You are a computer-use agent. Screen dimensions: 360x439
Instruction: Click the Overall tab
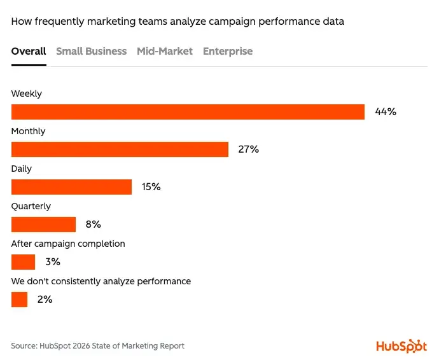point(29,52)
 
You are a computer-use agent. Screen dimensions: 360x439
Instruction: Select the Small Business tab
point(91,52)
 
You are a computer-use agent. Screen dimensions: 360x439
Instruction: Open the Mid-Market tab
point(164,52)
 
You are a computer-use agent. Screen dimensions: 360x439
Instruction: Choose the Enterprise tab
point(227,52)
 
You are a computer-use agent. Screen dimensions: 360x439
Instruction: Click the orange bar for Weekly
point(188,112)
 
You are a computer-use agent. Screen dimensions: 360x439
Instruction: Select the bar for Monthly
point(120,149)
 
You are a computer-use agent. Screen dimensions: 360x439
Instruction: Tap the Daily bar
point(71,187)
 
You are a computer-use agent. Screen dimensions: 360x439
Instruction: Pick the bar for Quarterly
point(43,225)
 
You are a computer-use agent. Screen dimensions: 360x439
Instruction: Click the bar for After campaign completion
point(23,262)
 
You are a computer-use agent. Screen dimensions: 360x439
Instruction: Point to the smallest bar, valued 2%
point(19,300)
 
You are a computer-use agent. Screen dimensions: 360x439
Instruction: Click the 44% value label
point(386,112)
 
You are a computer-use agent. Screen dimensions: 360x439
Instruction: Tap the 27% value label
point(249,149)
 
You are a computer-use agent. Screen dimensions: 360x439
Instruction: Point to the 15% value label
point(151,187)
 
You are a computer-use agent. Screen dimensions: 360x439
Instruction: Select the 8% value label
point(94,225)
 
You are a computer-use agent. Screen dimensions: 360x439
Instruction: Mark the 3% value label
point(52,262)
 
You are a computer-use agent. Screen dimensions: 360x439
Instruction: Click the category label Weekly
point(27,93)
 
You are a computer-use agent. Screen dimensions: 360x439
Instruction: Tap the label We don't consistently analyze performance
point(101,281)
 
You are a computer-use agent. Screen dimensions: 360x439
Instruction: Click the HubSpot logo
point(401,345)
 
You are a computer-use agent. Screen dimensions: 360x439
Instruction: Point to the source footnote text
point(97,346)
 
